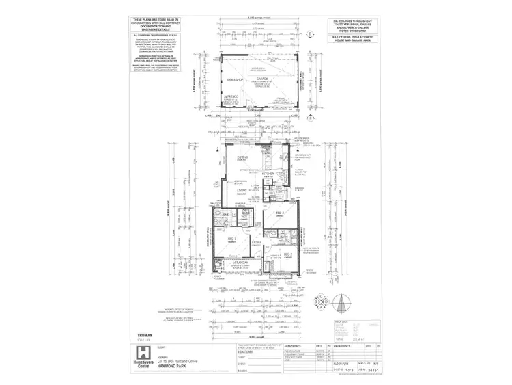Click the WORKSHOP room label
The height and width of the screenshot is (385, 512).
[234, 79]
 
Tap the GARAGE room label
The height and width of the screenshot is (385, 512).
[264, 79]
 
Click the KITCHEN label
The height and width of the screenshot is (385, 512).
[269, 174]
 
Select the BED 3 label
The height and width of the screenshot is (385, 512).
[279, 214]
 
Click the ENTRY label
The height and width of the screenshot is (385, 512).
[257, 243]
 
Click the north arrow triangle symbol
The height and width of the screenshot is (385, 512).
[344, 300]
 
